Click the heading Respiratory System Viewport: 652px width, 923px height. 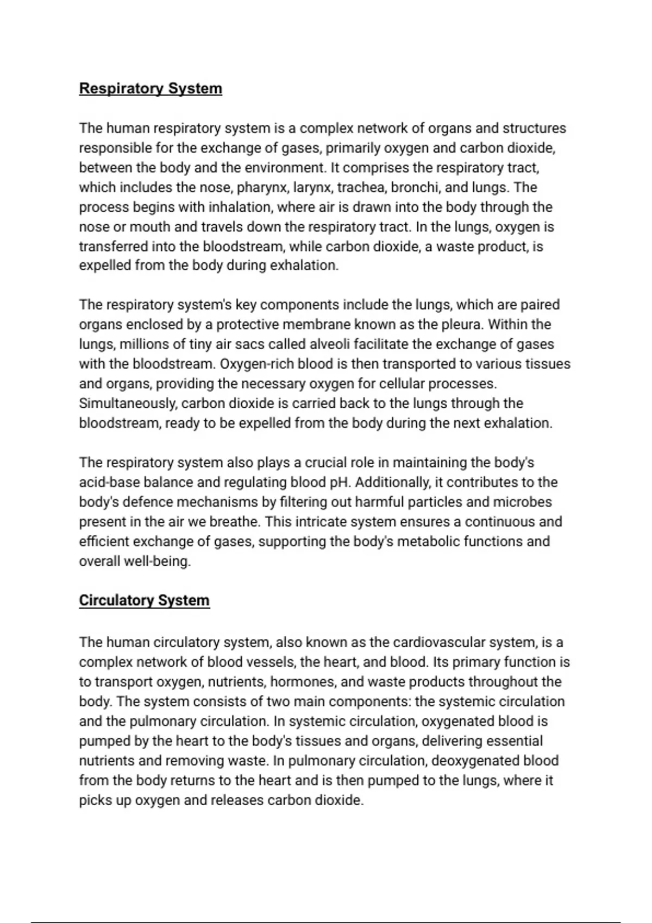151,88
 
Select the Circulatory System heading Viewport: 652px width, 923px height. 144,600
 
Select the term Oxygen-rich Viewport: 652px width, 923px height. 249,364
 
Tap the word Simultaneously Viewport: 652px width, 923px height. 128,404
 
